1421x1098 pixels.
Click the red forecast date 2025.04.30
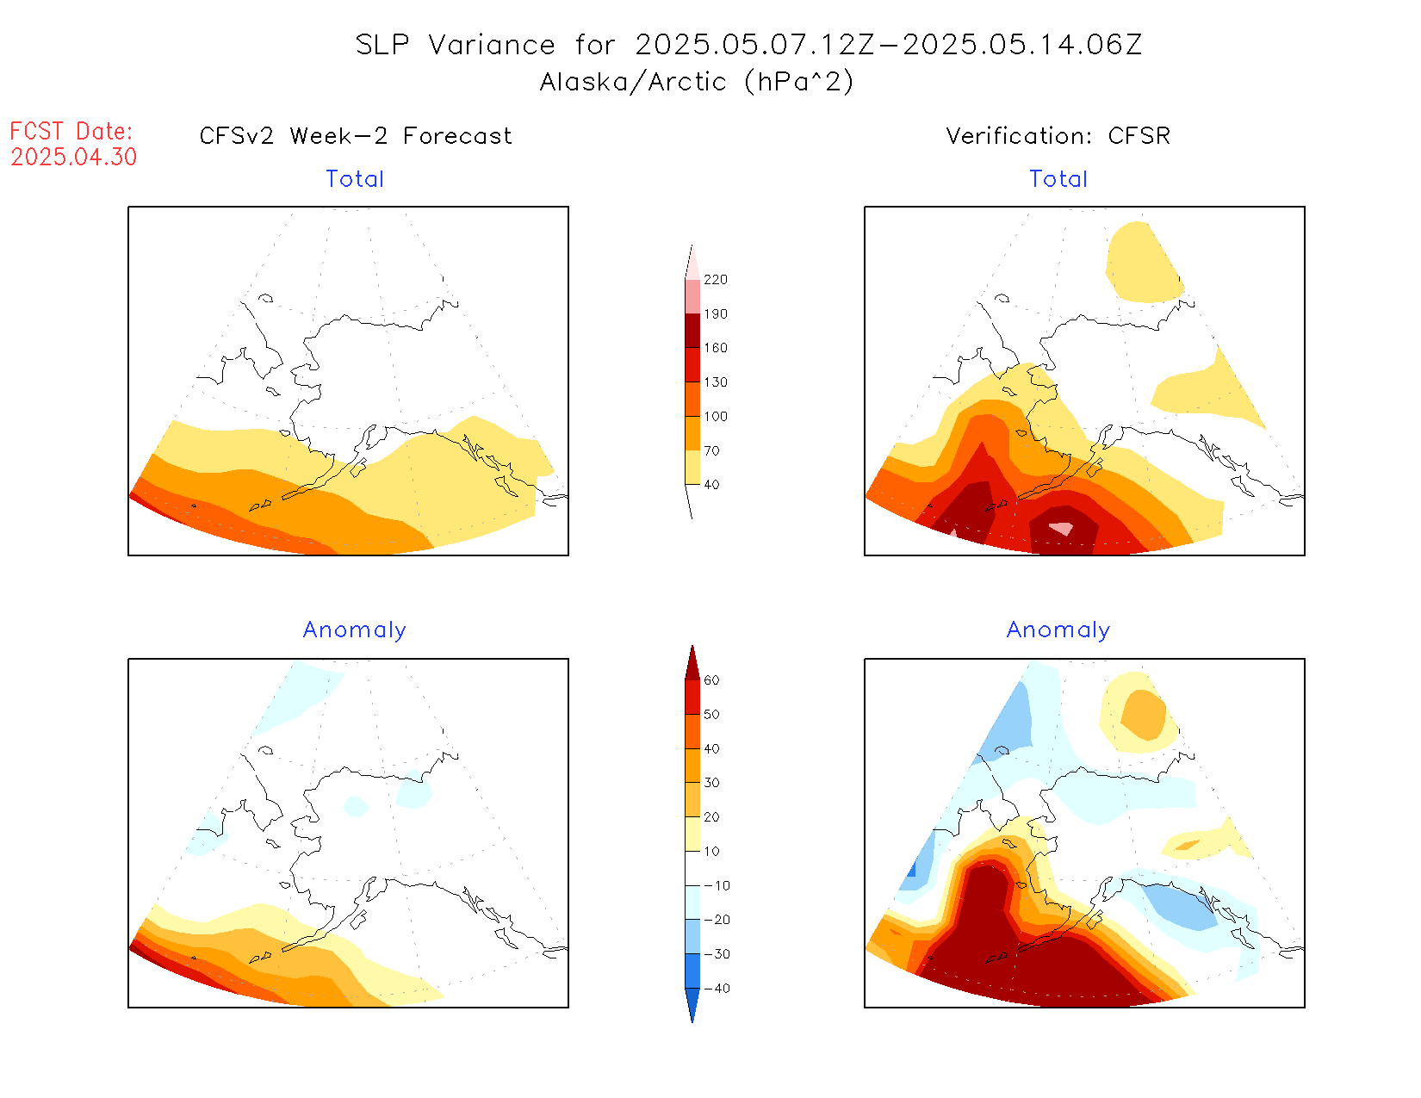(74, 157)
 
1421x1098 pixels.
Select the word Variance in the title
(492, 45)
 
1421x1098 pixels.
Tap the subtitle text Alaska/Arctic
(633, 82)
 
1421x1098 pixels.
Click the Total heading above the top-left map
(355, 179)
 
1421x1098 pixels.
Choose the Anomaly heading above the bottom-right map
(1058, 630)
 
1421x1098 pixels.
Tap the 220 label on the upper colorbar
(716, 280)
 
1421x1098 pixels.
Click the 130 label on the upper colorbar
(716, 382)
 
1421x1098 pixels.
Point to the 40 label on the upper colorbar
(711, 485)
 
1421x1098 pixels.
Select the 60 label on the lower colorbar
(711, 680)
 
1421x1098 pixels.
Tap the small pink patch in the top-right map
(1062, 528)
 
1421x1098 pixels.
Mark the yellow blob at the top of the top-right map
(1141, 261)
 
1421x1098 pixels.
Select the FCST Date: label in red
(71, 131)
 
